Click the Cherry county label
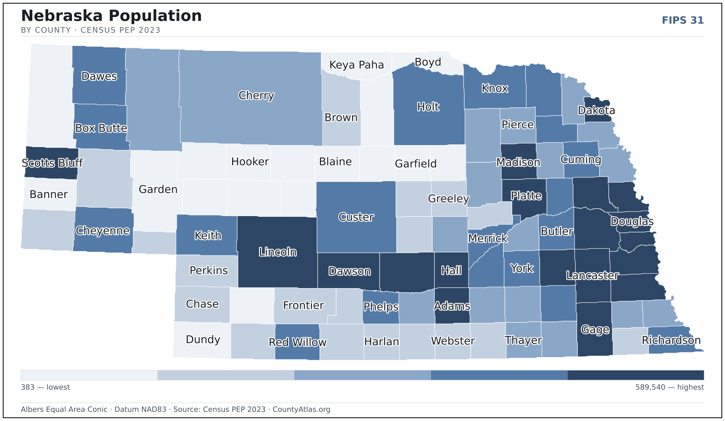[x=256, y=95]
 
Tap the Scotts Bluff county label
[x=52, y=163]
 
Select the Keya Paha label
[x=357, y=65]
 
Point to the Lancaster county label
[x=592, y=275]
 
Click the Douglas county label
[x=632, y=222]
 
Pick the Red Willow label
[x=297, y=342]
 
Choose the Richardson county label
[x=671, y=340]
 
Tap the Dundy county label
[x=203, y=339]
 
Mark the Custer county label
[x=356, y=217]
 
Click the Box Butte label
[x=101, y=128]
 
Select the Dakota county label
[x=597, y=110]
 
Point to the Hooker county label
[x=250, y=161]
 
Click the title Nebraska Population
[x=111, y=16]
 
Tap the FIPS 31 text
[x=683, y=20]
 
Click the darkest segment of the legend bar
[x=636, y=375]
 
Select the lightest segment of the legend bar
[x=89, y=375]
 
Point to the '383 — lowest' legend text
[x=46, y=387]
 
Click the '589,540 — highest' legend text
[x=670, y=387]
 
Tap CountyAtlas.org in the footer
[x=301, y=409]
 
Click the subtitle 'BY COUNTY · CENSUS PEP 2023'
[x=91, y=30]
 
